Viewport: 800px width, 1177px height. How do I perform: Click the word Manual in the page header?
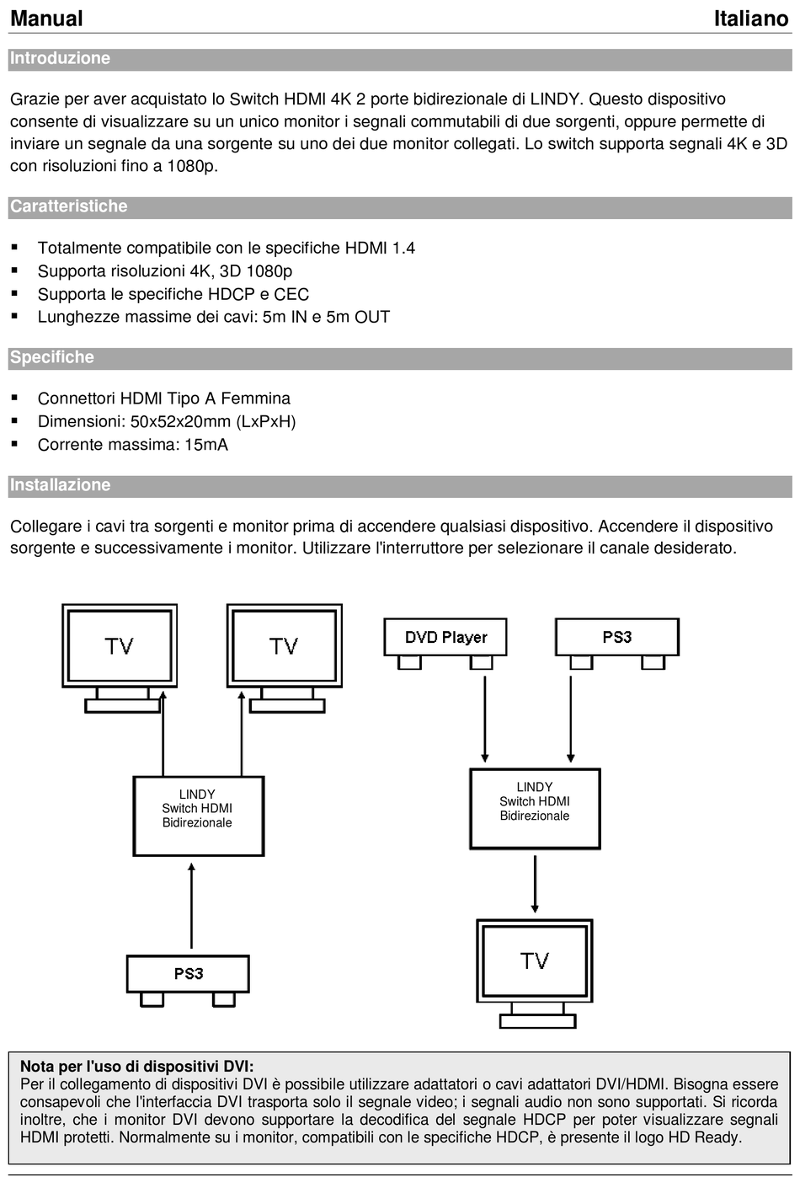tap(46, 19)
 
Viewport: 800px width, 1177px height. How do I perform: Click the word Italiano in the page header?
tap(751, 19)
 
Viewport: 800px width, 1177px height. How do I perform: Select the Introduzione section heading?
tap(60, 58)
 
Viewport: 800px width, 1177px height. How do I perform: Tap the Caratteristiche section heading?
tap(69, 206)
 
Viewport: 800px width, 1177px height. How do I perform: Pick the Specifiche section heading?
tap(52, 356)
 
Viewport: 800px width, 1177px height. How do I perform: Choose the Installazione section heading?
tap(61, 484)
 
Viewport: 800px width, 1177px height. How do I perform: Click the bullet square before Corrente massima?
tap(14, 444)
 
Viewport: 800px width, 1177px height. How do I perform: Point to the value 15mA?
tap(206, 445)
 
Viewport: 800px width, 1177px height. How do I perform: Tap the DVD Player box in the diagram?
tap(445, 637)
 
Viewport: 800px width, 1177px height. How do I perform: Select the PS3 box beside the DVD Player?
tap(617, 637)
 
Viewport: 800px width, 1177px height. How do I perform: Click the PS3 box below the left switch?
tap(188, 974)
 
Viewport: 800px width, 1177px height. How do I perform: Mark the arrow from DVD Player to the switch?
tap(485, 719)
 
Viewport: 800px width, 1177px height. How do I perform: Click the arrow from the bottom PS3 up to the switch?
tap(192, 906)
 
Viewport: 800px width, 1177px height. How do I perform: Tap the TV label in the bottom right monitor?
tap(535, 961)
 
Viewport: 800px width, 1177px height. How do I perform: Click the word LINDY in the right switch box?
tap(535, 787)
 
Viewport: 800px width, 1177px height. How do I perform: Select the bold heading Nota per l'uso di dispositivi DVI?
tap(136, 1066)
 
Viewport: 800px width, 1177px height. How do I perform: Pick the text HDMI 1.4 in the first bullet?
tap(380, 248)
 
